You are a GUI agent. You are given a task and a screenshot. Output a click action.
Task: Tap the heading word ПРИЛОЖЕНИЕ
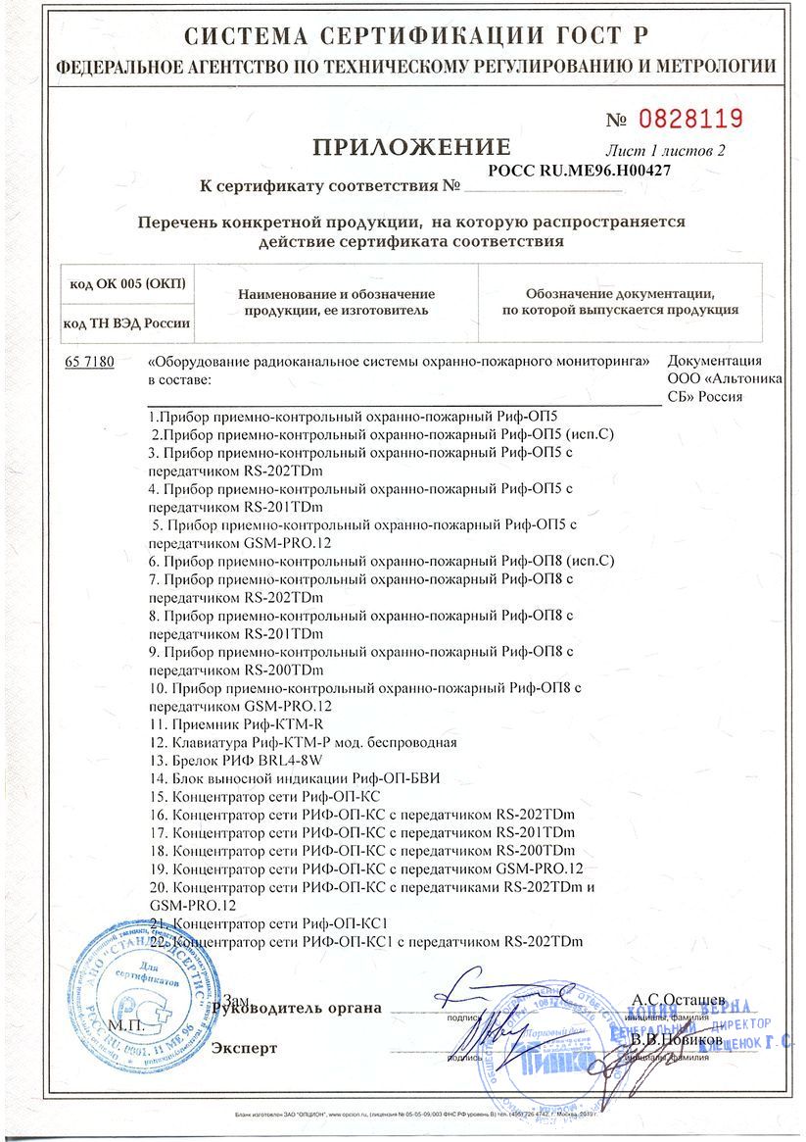point(411,148)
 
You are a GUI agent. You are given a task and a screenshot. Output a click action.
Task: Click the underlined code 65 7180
point(89,362)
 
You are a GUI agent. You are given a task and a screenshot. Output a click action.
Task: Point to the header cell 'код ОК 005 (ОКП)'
point(127,284)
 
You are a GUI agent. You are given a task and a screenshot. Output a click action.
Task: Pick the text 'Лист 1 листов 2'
point(666,151)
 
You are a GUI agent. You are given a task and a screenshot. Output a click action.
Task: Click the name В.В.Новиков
point(679,1038)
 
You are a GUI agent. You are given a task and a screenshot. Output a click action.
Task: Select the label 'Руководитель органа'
point(297,1008)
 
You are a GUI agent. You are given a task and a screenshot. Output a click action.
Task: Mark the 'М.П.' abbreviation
point(126,1024)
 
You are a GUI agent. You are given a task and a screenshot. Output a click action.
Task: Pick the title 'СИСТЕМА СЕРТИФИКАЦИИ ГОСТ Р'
point(403,37)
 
